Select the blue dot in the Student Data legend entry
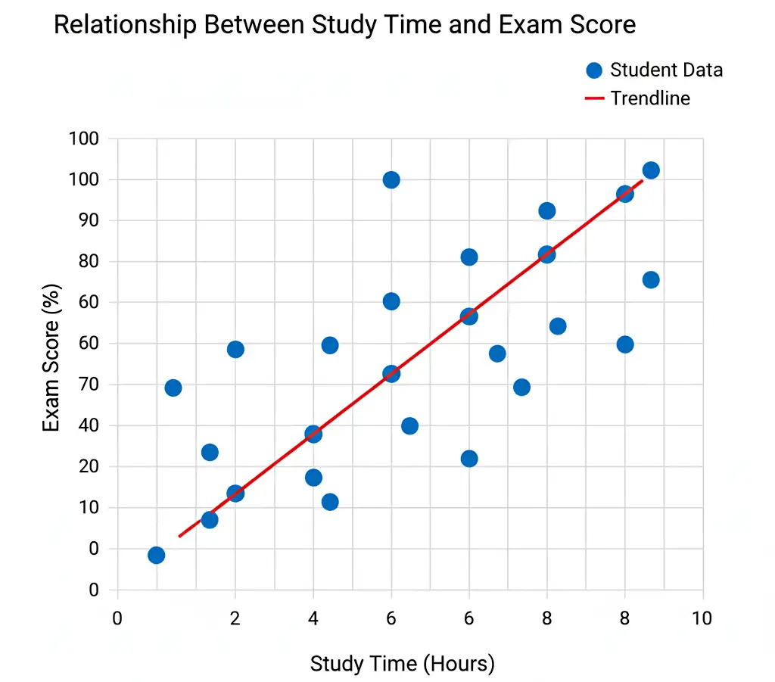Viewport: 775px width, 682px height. pos(594,70)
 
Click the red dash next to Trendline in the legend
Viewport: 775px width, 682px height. pos(595,98)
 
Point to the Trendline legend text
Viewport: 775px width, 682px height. pos(650,98)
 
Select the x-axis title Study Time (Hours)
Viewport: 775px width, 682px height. pos(402,664)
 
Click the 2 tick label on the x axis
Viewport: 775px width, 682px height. pos(235,618)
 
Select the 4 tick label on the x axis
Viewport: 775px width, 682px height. pos(313,618)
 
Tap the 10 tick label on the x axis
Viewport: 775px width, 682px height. pos(702,618)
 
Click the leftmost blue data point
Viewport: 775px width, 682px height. pos(156,555)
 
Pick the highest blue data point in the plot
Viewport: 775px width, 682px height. pos(651,170)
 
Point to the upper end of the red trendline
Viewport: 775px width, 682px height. pos(643,180)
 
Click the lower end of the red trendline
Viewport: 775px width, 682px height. pos(179,536)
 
